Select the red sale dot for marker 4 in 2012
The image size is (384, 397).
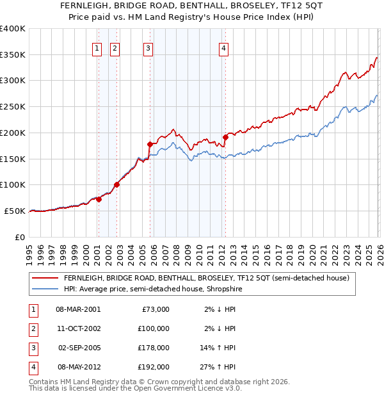pos(225,137)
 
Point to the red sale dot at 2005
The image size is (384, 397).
pos(150,144)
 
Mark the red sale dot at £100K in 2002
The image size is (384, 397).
pos(117,185)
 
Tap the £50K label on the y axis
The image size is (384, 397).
pos(15,211)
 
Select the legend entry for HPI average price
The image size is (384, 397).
pos(152,289)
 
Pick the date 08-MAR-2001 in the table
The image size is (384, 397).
pos(78,309)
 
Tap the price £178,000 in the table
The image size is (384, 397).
pos(154,349)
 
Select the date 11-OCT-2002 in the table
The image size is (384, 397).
pos(78,329)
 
